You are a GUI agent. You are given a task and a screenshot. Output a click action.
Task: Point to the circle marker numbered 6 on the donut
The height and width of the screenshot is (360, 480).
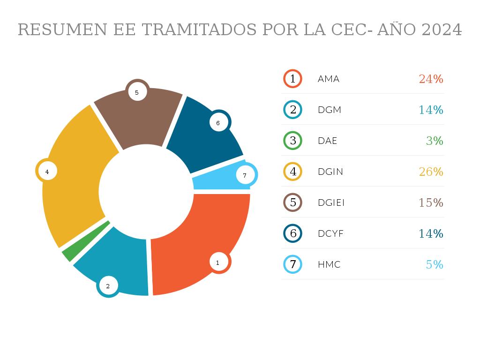point(218,123)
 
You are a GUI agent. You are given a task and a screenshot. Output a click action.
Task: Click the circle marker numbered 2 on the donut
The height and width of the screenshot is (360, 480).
point(108,285)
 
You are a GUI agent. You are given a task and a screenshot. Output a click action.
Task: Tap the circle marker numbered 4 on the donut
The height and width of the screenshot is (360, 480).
point(47,172)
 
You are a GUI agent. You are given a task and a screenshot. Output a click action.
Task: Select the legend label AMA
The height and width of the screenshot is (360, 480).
point(329,79)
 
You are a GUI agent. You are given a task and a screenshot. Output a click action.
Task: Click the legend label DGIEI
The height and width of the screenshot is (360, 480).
point(331,202)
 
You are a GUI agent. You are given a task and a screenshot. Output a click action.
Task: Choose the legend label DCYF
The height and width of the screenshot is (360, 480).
point(330,233)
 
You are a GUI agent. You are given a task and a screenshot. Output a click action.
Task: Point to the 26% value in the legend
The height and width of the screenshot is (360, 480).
point(431,172)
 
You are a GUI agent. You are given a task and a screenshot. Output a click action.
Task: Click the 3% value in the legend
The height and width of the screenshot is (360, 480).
point(435,141)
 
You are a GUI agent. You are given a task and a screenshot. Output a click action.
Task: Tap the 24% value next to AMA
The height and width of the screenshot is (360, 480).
point(431,79)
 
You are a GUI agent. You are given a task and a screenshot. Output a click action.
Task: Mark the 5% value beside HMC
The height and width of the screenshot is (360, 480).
point(435,264)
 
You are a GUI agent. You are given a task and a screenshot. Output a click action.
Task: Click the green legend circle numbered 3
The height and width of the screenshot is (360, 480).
point(293,141)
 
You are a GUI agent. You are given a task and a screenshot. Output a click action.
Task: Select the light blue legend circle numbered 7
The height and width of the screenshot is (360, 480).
point(293,264)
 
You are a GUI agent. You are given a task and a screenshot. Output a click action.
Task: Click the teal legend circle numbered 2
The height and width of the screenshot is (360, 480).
point(293,110)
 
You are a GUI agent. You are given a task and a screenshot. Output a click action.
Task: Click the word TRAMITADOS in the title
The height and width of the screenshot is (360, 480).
point(199,29)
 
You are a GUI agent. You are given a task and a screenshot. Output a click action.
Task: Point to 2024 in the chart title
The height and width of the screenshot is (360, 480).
point(442,29)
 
